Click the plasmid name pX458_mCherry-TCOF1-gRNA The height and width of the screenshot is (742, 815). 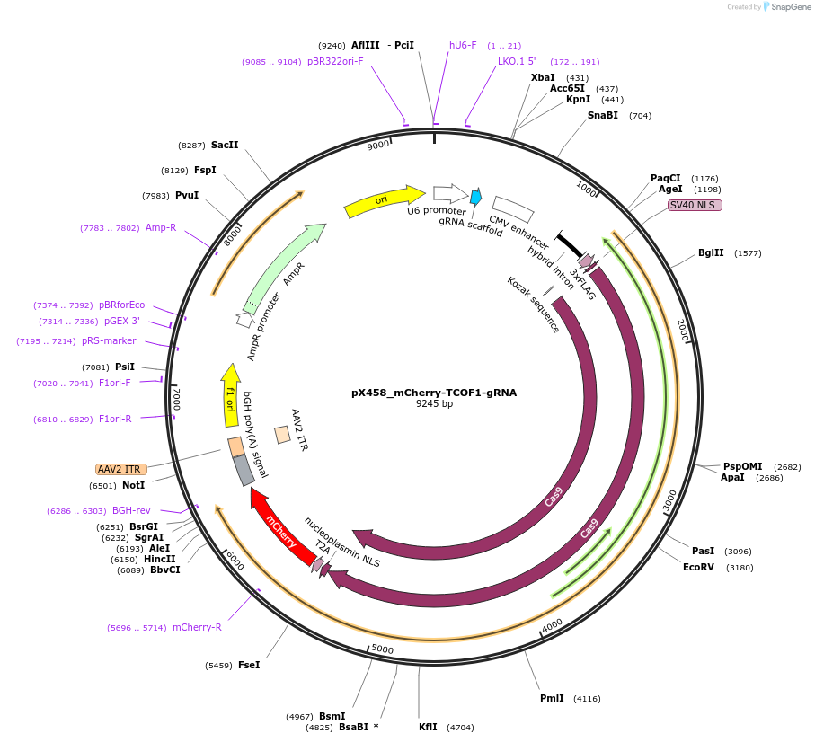tap(434, 393)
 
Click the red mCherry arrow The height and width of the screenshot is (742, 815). tap(282, 526)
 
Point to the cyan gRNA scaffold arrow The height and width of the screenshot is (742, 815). tap(475, 197)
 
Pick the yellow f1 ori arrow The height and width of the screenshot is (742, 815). tap(231, 394)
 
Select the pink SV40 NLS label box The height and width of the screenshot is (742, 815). tap(695, 205)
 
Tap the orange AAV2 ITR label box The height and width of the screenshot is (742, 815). tap(120, 470)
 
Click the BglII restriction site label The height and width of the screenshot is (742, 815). tap(711, 253)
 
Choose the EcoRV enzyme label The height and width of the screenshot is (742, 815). tap(698, 568)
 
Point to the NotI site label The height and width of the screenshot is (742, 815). tap(133, 486)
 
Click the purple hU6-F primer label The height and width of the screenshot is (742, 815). tap(463, 45)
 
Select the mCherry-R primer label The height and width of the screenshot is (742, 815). tap(197, 627)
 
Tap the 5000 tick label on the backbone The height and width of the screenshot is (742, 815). tap(382, 649)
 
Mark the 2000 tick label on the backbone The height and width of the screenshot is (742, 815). tap(683, 330)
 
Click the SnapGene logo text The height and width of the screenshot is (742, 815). tap(790, 7)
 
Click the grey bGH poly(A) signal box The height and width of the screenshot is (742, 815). tap(244, 470)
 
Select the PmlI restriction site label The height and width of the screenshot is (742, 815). tap(552, 698)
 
